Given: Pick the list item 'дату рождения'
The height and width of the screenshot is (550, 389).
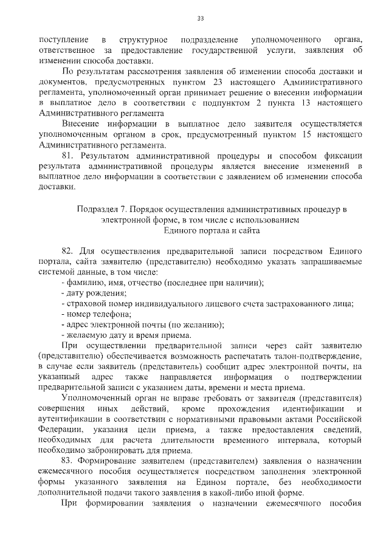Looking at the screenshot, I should click(x=92, y=293).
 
